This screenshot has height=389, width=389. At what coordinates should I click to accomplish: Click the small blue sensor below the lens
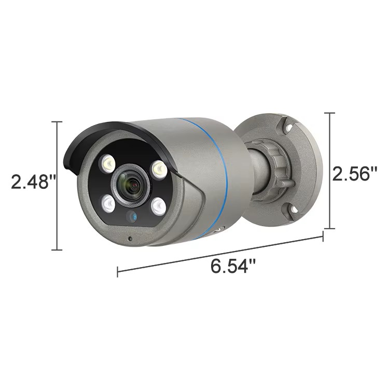click(x=131, y=216)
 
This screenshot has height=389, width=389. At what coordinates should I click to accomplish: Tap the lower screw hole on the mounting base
click(x=292, y=210)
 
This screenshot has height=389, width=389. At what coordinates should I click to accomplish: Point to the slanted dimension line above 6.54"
click(x=220, y=254)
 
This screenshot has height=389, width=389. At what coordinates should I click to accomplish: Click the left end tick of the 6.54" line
click(x=118, y=271)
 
